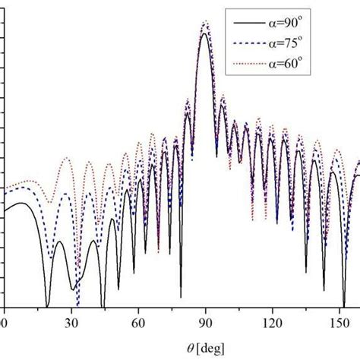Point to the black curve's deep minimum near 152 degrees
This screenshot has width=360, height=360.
343,305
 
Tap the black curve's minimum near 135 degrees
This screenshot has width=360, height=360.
306,271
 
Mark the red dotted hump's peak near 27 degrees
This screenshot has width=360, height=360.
66,158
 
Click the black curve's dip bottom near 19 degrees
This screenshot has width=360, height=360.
47,305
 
